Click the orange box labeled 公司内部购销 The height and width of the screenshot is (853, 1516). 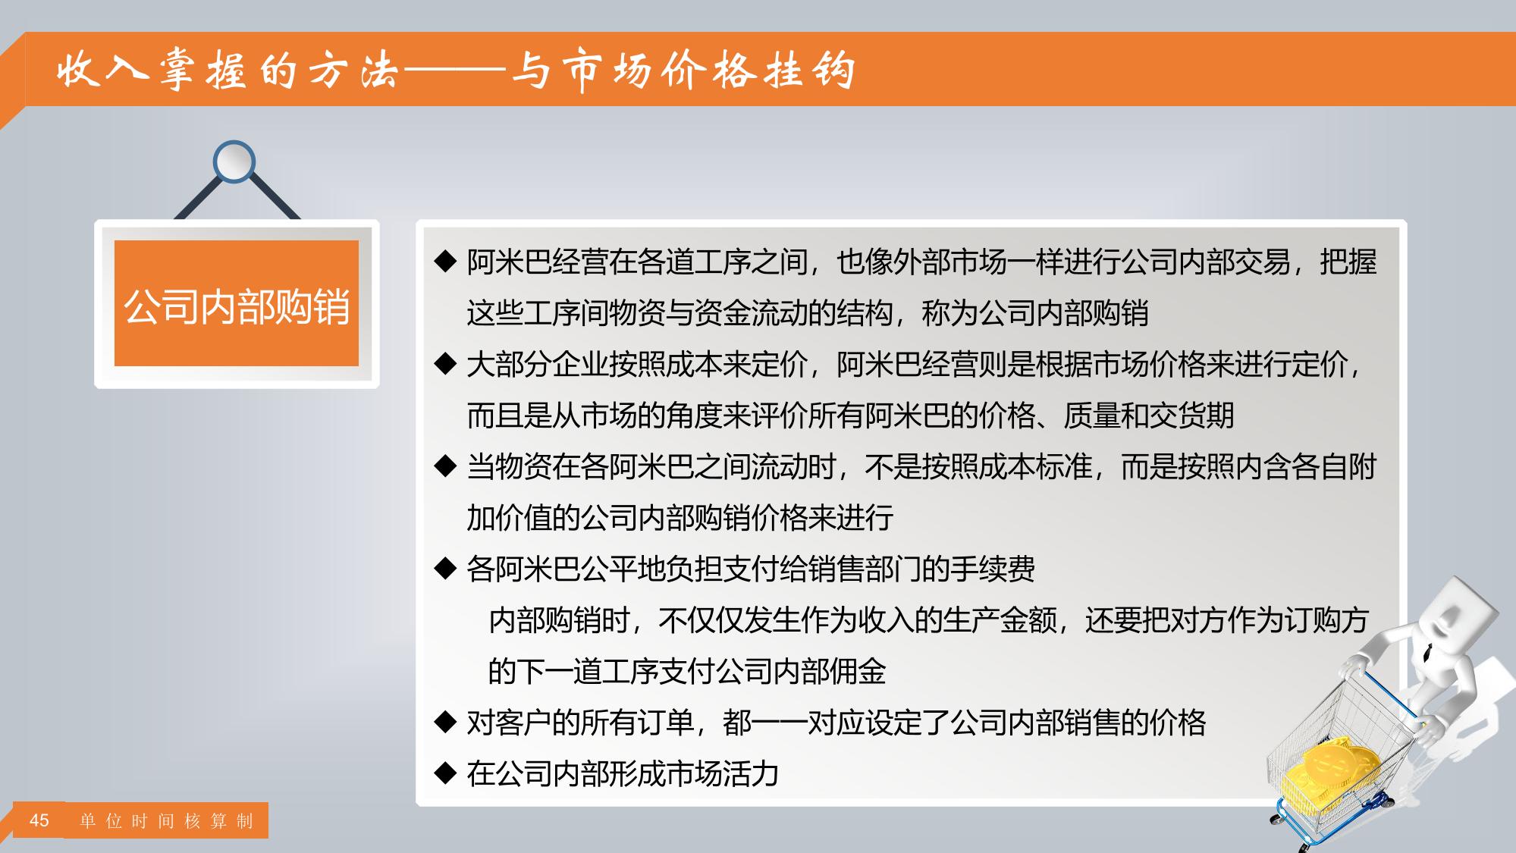(236, 303)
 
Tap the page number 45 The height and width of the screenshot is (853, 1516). (39, 820)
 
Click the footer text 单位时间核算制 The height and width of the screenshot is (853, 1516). (166, 821)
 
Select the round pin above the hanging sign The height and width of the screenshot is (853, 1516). (234, 162)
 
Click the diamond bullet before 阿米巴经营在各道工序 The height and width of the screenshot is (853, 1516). (444, 262)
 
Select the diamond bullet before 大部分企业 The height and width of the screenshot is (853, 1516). (444, 365)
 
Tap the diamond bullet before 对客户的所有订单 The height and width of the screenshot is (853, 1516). (444, 723)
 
